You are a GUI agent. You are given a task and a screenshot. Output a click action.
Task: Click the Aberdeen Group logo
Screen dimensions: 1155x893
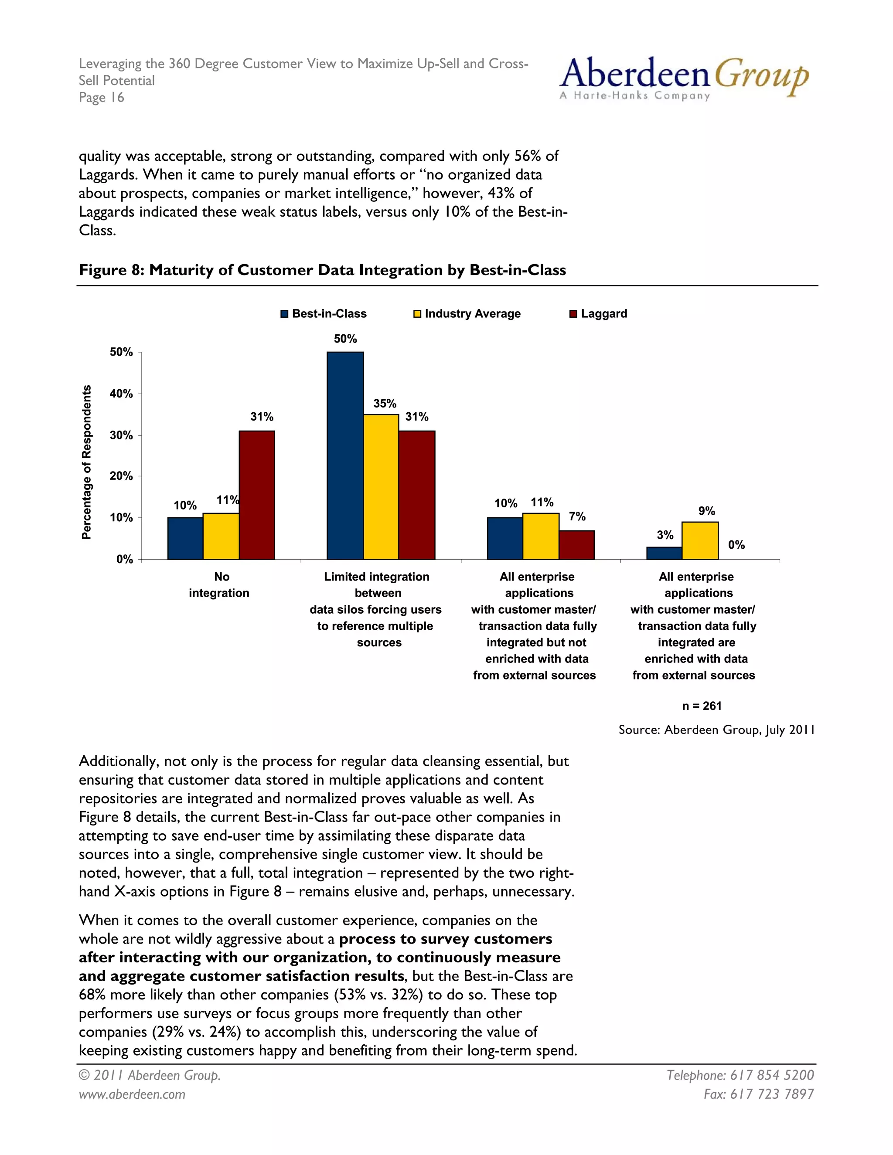pos(684,78)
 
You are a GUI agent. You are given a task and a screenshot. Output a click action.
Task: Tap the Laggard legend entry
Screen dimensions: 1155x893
pos(598,314)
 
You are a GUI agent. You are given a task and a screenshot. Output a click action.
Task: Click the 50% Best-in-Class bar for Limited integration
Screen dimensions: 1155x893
pos(345,455)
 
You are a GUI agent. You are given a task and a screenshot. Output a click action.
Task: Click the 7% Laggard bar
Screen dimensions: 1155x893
pos(576,545)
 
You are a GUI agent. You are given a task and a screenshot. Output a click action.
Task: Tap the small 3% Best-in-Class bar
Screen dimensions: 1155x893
pos(664,553)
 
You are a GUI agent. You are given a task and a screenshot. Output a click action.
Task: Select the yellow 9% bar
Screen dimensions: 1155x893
pos(700,540)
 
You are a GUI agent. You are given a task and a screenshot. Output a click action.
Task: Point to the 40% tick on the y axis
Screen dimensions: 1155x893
pos(121,394)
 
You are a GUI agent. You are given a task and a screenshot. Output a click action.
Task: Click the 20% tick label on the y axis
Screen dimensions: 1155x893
pos(121,476)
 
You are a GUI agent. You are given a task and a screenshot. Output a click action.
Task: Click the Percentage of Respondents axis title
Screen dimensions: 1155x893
pos(86,462)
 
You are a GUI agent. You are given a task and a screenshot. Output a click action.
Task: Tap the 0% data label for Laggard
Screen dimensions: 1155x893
pos(736,545)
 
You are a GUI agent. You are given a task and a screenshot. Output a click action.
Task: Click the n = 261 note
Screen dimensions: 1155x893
pos(702,706)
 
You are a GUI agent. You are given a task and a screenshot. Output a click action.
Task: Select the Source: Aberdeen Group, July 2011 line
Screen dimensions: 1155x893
pos(716,730)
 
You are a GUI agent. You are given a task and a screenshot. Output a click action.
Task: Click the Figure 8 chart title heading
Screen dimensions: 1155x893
pos(322,270)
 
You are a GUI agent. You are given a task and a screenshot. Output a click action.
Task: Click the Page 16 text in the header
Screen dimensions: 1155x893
pos(101,97)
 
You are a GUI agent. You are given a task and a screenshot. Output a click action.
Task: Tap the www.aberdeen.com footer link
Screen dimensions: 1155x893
pos(132,1094)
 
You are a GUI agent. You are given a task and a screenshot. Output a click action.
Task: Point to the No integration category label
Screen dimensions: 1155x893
pos(219,584)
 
